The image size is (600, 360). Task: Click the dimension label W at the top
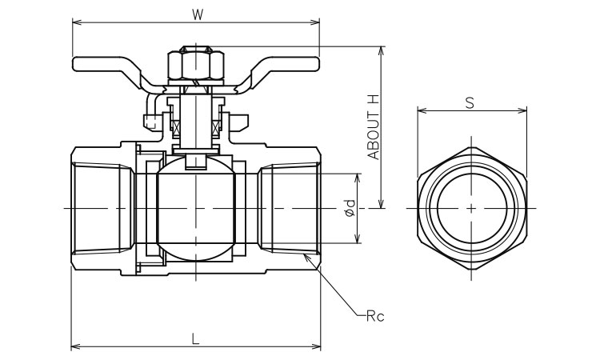point(196,14)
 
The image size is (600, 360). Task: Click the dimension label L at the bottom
point(196,338)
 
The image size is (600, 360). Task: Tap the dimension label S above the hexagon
point(470,102)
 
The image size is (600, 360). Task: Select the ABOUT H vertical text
point(373,126)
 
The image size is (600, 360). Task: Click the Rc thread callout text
point(375,317)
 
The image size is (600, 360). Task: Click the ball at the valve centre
point(196,209)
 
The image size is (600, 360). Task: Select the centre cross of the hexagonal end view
point(472,209)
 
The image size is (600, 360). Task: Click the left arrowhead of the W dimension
point(75,23)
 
